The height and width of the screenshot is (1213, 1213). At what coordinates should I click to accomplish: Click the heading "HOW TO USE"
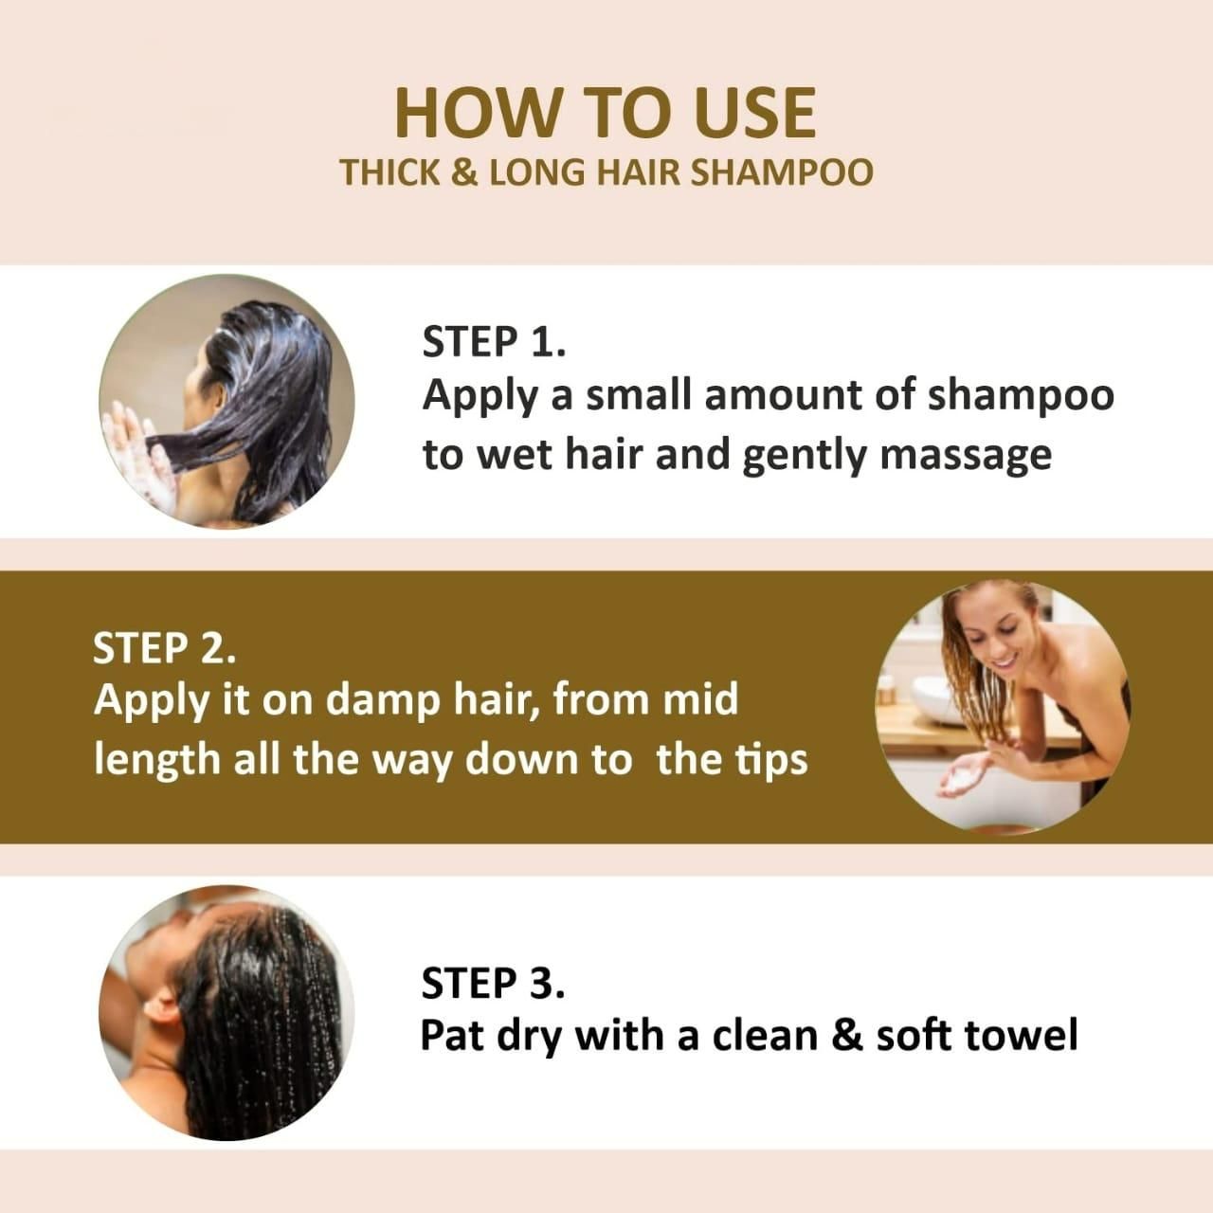click(605, 112)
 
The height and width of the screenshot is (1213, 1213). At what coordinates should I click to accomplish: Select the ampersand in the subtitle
click(463, 173)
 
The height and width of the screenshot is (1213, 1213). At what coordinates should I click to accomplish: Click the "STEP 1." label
click(493, 342)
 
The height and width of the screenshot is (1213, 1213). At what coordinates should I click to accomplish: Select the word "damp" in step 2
click(373, 700)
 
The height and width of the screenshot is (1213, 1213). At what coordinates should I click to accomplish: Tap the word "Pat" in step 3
click(451, 1035)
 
